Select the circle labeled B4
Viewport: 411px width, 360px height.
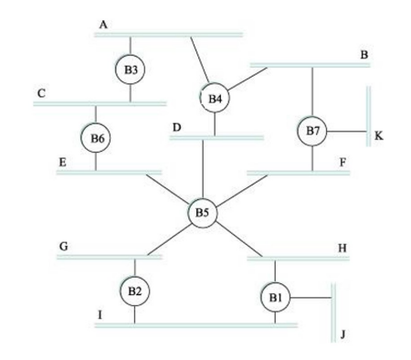pyautogui.click(x=215, y=97)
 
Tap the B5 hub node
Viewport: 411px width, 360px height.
pyautogui.click(x=203, y=213)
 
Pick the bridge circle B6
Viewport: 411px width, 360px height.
pyautogui.click(x=96, y=138)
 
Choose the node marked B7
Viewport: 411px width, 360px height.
pyautogui.click(x=312, y=132)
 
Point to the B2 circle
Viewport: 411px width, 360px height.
pyautogui.click(x=134, y=291)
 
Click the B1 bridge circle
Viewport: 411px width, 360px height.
pyautogui.click(x=275, y=297)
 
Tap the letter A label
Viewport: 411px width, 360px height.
pyautogui.click(x=103, y=25)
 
